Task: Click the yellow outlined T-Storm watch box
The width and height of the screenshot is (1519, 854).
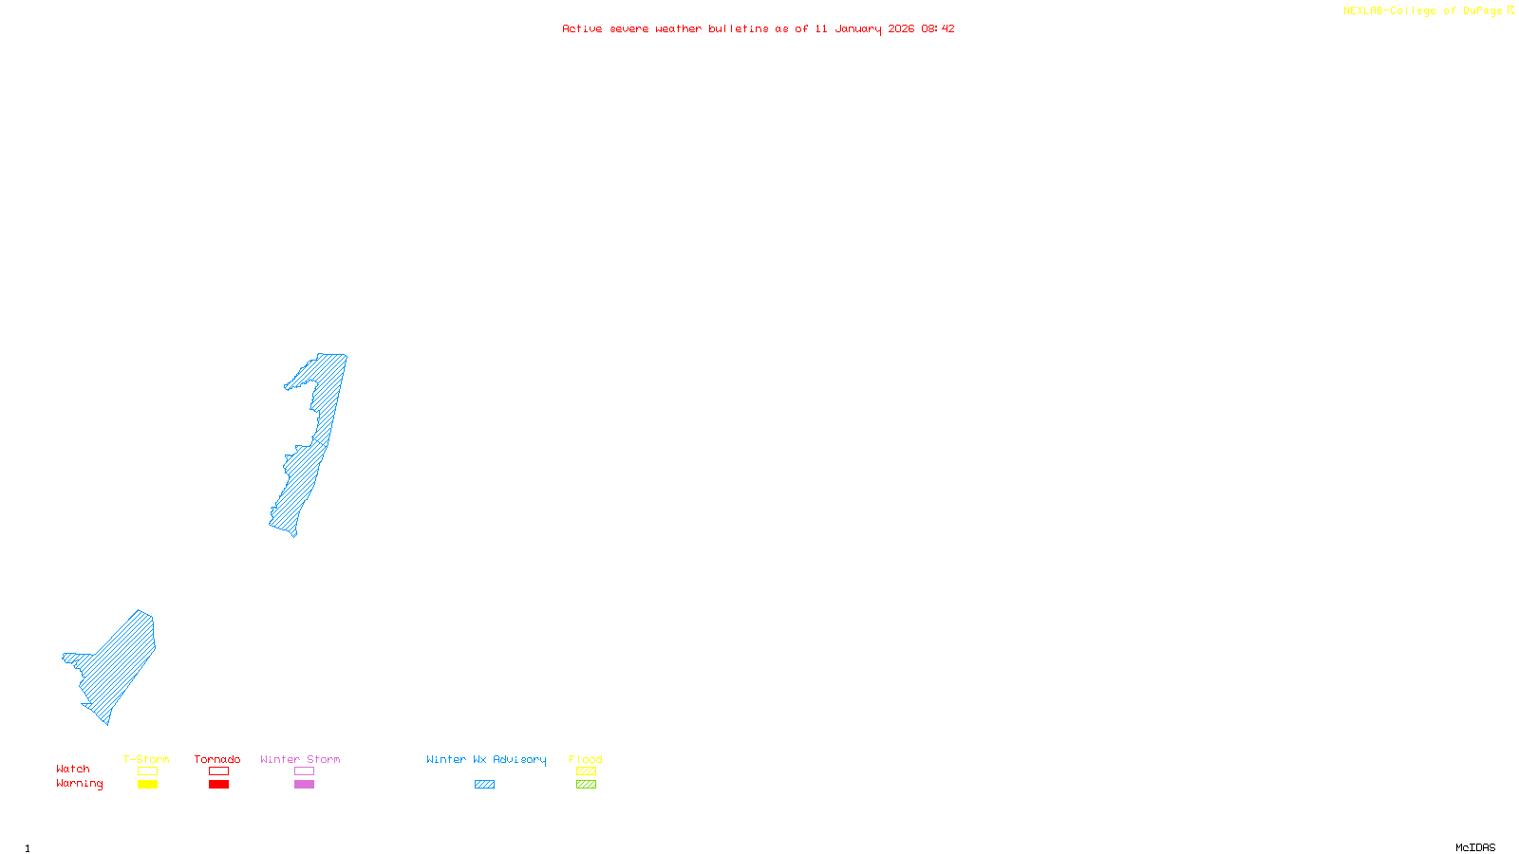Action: [147, 771]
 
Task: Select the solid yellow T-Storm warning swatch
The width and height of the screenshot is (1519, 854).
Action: [147, 785]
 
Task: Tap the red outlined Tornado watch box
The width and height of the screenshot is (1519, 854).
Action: [218, 771]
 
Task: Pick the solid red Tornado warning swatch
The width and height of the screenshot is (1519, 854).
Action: [218, 785]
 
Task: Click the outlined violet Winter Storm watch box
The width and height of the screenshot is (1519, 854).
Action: [304, 771]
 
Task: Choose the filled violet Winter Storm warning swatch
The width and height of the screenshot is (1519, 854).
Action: [304, 785]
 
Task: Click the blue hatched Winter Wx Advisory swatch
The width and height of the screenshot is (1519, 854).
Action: [484, 785]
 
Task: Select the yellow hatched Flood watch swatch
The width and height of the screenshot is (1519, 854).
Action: [586, 771]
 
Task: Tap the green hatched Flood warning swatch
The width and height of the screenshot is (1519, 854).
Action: [586, 785]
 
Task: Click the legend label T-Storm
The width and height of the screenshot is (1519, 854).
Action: [146, 759]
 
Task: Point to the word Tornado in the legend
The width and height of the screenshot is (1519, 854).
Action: [217, 759]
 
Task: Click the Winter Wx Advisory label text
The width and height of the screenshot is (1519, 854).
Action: [486, 759]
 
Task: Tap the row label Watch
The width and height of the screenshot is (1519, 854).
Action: [73, 769]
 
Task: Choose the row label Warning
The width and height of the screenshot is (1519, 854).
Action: [80, 784]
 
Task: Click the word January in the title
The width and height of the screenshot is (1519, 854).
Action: [858, 28]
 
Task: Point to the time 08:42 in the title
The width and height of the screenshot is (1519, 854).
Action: [938, 28]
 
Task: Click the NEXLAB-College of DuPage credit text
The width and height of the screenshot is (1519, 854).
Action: [1423, 11]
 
